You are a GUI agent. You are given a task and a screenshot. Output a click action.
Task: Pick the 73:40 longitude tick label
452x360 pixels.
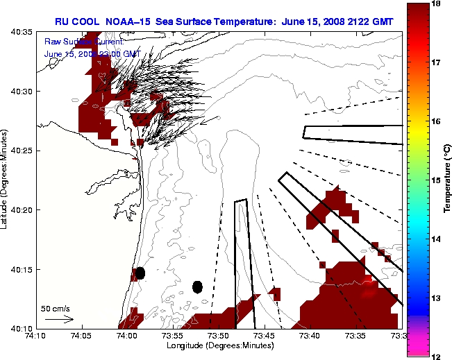click(x=311, y=335)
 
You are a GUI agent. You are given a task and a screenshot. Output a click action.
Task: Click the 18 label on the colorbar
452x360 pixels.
click(x=437, y=4)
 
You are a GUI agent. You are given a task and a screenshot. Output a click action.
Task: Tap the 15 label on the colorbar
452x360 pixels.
click(x=437, y=180)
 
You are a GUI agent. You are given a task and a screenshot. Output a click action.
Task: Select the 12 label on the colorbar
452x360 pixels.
click(x=437, y=356)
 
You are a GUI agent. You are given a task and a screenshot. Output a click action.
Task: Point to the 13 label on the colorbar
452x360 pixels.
click(x=437, y=298)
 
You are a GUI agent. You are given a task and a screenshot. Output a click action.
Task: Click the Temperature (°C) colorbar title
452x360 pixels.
click(x=447, y=180)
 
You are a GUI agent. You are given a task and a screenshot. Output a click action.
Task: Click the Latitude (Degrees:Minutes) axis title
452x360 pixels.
click(x=6, y=180)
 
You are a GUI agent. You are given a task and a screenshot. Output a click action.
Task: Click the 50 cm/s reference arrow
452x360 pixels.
click(x=59, y=319)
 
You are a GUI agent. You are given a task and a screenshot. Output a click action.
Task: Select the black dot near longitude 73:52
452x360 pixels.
click(x=198, y=286)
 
